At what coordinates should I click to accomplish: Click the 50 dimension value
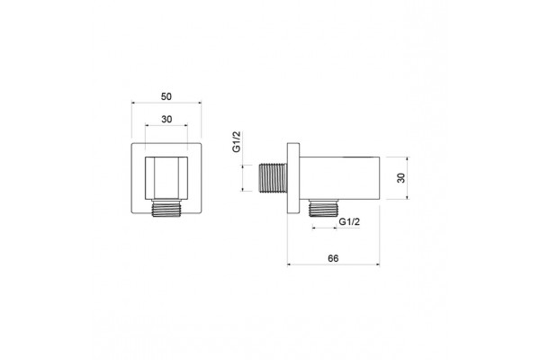tap(166, 97)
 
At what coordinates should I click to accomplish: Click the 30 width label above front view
tap(166, 119)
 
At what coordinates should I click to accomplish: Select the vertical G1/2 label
tap(236, 141)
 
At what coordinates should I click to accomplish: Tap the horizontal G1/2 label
tap(349, 222)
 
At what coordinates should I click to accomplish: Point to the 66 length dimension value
tap(333, 258)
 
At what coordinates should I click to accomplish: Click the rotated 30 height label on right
tap(401, 178)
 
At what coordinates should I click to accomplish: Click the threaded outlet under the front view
tap(166, 208)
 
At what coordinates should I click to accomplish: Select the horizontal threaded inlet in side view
tap(273, 178)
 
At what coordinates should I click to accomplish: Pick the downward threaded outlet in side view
tap(324, 208)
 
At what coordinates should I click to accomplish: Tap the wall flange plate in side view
tap(293, 178)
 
